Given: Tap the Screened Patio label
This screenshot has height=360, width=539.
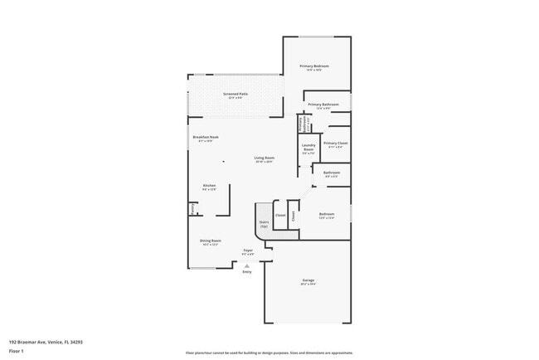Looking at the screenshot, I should coord(236,95).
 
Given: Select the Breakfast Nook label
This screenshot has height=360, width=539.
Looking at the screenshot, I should coord(205,138).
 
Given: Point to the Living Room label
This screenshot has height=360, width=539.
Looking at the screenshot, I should coord(264,158).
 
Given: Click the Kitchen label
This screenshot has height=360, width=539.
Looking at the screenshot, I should coord(209,186).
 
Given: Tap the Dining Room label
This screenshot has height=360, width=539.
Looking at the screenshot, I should coord(210,241).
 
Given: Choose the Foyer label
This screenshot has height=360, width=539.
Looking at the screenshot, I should coord(247,251).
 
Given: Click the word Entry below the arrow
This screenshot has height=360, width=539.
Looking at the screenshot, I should coord(246,272).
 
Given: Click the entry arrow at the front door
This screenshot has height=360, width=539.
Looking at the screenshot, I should coord(246,265).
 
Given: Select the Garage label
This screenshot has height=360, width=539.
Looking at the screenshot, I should coord(308,281).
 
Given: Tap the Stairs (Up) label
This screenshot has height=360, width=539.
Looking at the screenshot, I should coord(265,223).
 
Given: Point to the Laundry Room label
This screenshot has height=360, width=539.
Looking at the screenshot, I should coord(308,150).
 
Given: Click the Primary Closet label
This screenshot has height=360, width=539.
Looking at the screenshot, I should coord(335,144).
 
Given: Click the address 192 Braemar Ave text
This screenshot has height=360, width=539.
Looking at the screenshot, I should coord(46,341).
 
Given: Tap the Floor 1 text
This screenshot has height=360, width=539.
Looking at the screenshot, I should coord(17,351).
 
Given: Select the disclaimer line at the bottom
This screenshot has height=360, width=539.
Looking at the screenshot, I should coord(269,352).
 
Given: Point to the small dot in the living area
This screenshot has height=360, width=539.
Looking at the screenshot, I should coord(222,163).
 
